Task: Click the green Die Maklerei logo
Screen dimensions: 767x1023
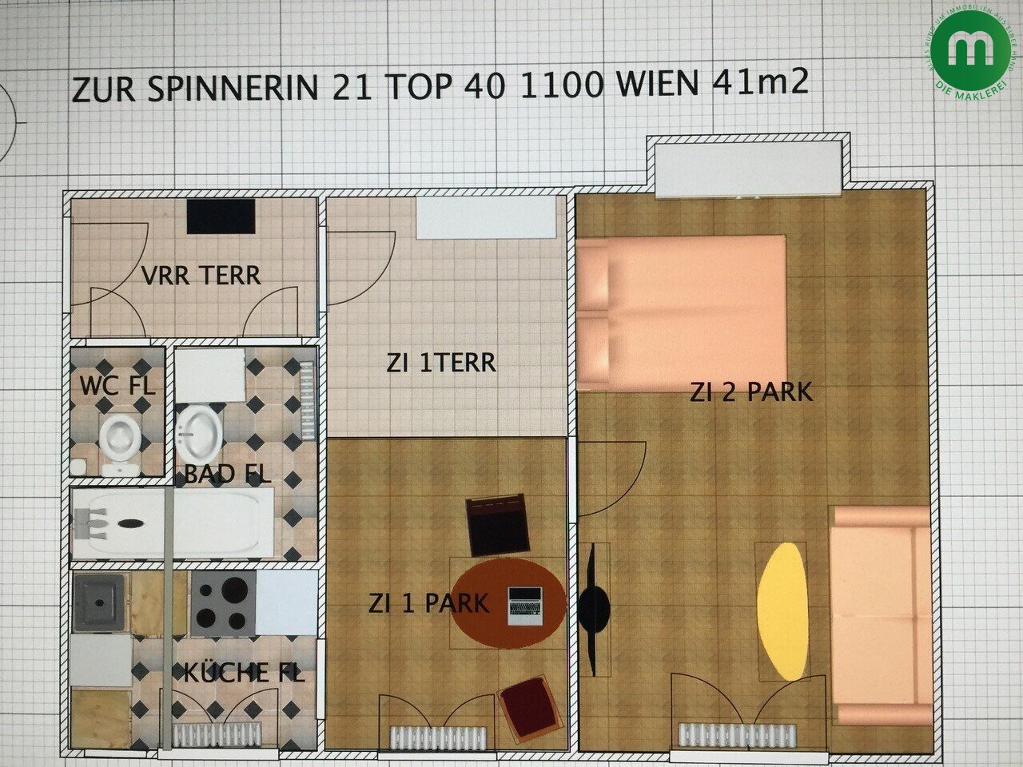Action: (968, 50)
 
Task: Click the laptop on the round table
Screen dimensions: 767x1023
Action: (525, 605)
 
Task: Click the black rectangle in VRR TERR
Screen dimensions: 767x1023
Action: (221, 216)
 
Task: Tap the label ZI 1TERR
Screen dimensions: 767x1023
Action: (440, 364)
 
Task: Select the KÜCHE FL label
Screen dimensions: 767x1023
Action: (244, 673)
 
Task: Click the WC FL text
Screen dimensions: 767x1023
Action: (117, 386)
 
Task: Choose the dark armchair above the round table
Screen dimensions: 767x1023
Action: (498, 525)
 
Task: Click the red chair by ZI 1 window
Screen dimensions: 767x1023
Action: (527, 708)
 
